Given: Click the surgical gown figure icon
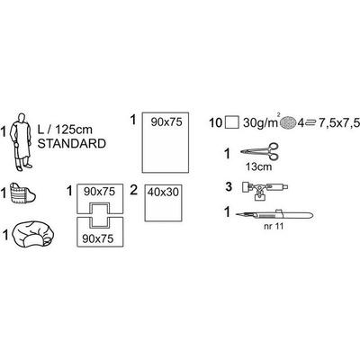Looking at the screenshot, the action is pos(21,142).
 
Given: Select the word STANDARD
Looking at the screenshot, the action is pos(72,144).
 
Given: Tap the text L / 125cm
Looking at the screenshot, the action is pos(65,130).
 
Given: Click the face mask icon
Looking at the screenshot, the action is pos(22,194).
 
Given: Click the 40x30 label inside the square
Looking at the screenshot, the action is pos(163,193).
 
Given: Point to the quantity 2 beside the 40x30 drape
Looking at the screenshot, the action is pos(134,190).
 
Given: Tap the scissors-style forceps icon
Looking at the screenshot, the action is pos(260,152).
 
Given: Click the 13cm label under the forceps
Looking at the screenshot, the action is pos(258,166).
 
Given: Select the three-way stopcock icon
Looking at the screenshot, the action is pos(265,191).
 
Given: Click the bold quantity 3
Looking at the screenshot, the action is pos(229,186).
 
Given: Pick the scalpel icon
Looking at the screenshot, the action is pos(274,214).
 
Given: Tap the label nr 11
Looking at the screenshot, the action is pos(274,226).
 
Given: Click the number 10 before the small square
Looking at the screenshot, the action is pos(215,122).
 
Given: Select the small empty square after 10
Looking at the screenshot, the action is pos(231,122).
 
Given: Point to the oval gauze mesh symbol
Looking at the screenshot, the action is pos(288,122).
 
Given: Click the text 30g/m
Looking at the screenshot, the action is pos(260,123).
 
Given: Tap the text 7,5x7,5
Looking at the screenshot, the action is pos(339,123).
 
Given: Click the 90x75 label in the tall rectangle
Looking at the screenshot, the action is pos(166,122).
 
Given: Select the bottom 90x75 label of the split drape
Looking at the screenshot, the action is pos(98,238).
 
